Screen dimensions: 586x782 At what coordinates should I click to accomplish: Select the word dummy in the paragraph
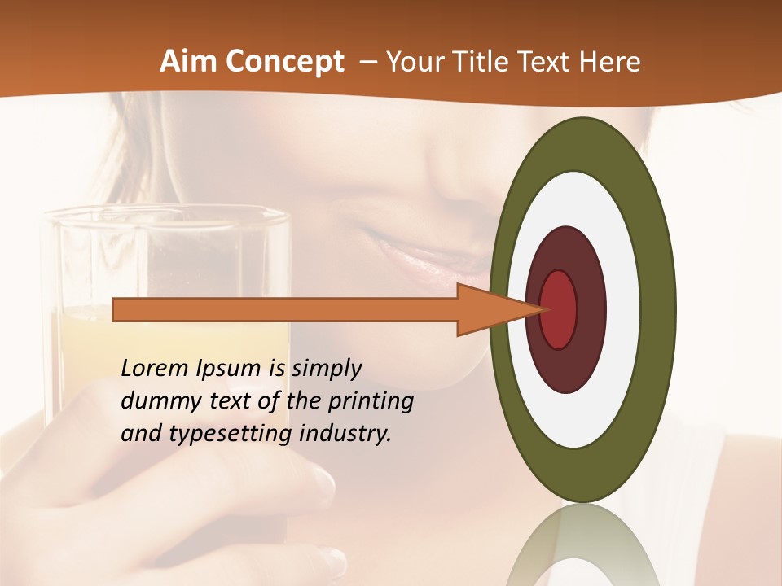pos(155,401)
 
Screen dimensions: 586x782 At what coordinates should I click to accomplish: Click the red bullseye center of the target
pos(560,309)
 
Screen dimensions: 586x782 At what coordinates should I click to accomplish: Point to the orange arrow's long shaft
pos(285,309)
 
